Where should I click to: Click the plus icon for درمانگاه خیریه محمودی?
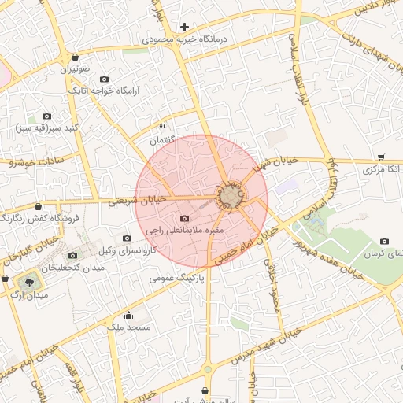184,27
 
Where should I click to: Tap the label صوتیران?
74,69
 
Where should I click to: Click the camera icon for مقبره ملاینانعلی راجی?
184,218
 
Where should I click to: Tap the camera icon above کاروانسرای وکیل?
127,238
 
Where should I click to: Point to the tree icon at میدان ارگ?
29,280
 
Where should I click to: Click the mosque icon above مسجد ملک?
128,316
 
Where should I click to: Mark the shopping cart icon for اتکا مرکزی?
381,157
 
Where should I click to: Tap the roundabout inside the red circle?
231,197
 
